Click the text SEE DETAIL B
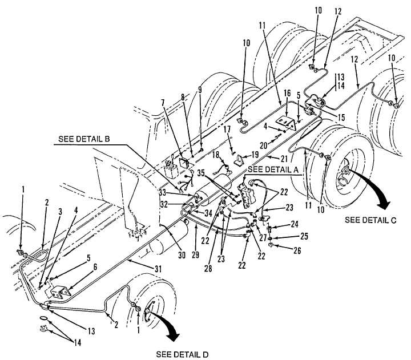pyautogui.click(x=84, y=139)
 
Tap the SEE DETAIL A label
pyautogui.click(x=273, y=169)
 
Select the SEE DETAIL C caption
pyautogui.click(x=370, y=220)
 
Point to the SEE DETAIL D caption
pyautogui.click(x=183, y=354)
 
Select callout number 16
pyautogui.click(x=287, y=93)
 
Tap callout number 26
pyautogui.click(x=297, y=250)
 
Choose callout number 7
pyautogui.click(x=163, y=103)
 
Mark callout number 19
pyautogui.click(x=255, y=154)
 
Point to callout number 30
pyautogui.click(x=182, y=255)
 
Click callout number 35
pyautogui.click(x=202, y=173)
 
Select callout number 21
pyautogui.click(x=284, y=159)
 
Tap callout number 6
pyautogui.click(x=95, y=267)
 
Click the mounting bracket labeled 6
pyautogui.click(x=61, y=292)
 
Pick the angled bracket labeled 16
pyautogui.click(x=287, y=123)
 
